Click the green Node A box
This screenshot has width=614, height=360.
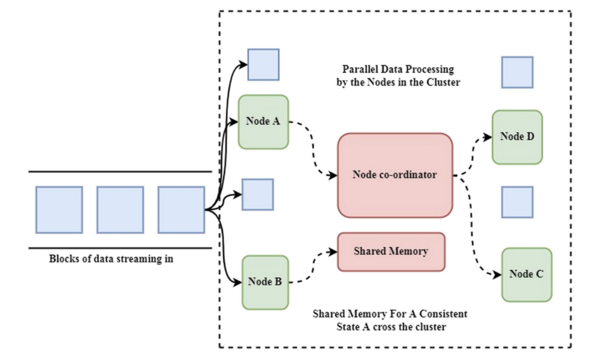[263, 121]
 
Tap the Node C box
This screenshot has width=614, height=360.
[526, 274]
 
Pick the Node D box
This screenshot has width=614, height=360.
[517, 137]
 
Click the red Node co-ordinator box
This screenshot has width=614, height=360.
[395, 175]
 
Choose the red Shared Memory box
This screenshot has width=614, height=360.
[391, 251]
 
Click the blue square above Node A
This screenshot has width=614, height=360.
[263, 64]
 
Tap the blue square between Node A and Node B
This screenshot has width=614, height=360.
[257, 194]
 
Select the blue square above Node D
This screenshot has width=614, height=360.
[517, 72]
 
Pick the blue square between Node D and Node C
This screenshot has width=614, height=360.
[517, 202]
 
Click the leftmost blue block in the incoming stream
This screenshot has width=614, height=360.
[59, 209]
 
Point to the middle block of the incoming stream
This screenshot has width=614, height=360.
[120, 209]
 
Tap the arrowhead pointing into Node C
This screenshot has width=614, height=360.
[496, 275]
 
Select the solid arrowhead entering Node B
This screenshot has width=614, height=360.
[237, 280]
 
